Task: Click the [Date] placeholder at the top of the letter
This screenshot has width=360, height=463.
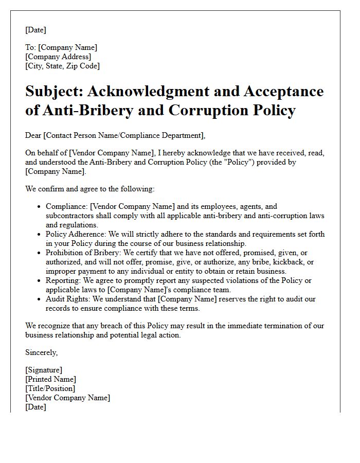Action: click(35, 30)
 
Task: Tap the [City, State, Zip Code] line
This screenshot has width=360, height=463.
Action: click(62, 66)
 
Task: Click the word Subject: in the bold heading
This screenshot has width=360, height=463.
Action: click(53, 92)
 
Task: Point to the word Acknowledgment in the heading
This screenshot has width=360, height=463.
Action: click(153, 92)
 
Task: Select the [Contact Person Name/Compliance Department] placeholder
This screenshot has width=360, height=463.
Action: click(124, 135)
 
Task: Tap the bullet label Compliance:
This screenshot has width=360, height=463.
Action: click(66, 206)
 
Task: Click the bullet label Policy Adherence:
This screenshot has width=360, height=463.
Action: click(77, 234)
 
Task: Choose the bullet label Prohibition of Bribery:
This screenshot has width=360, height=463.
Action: click(85, 253)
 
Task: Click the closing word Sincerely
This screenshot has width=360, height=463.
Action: click(41, 352)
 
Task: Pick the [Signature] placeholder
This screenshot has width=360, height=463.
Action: click(44, 370)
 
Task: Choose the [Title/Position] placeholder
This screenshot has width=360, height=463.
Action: click(50, 388)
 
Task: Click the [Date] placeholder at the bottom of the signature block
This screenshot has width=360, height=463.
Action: click(35, 407)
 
